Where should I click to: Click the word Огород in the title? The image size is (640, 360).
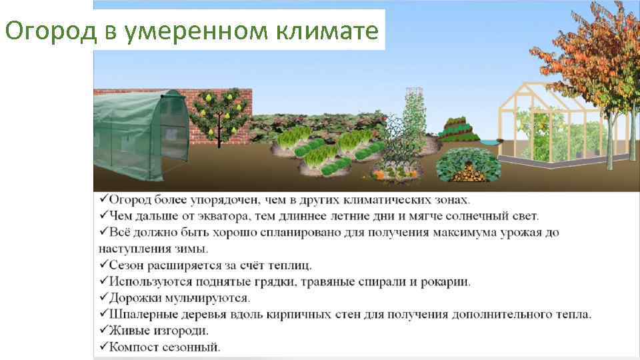(x=46, y=31)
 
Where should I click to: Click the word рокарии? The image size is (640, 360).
(x=445, y=281)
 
